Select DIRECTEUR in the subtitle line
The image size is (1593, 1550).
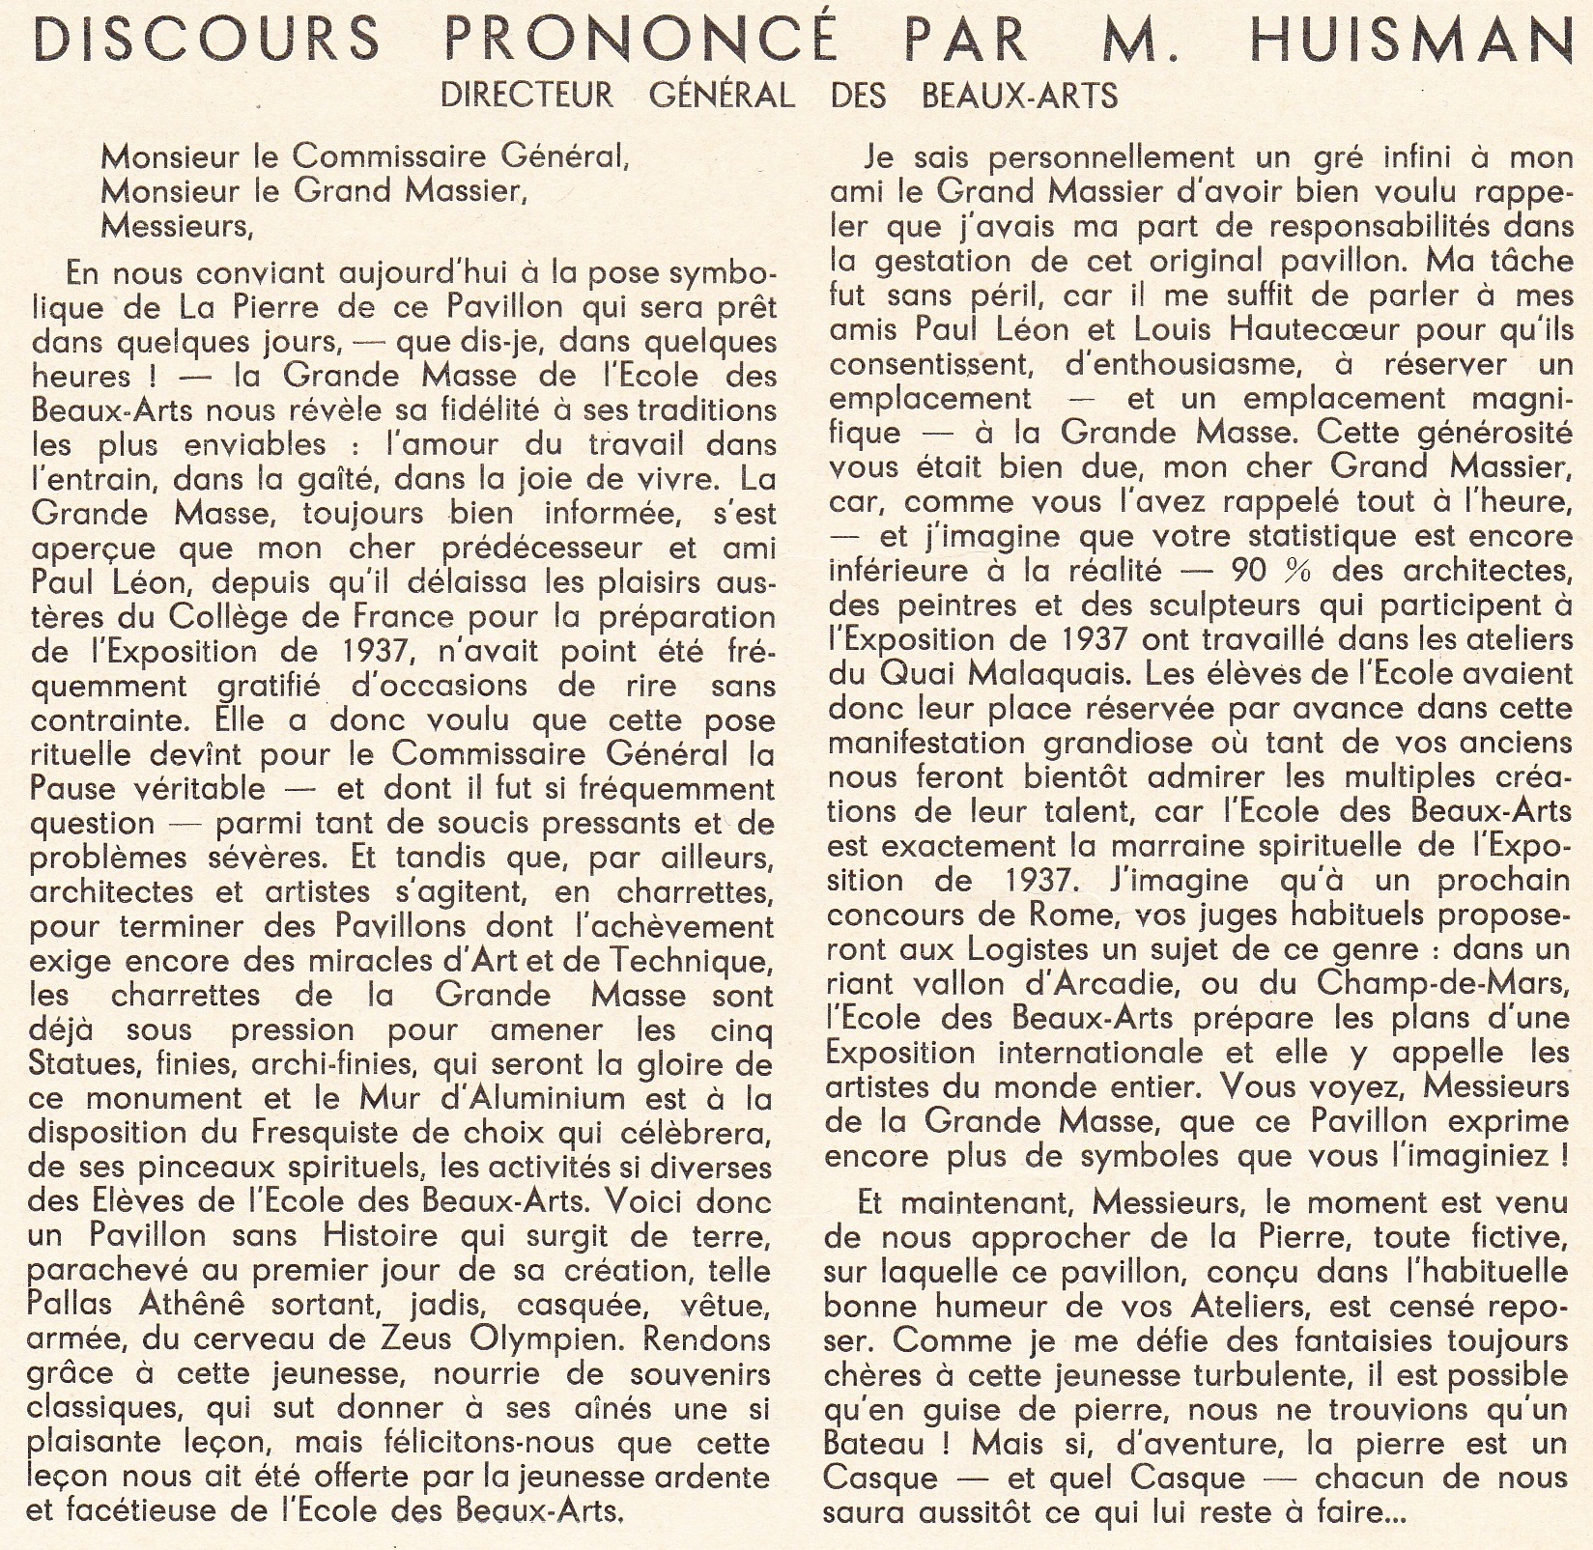click(526, 95)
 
